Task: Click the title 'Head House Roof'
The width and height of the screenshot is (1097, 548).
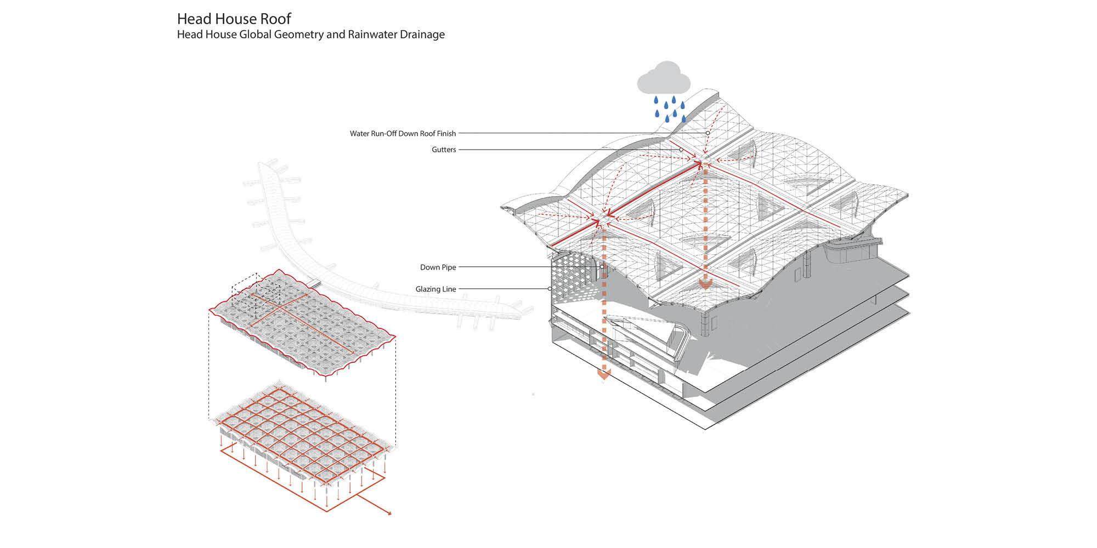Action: (234, 19)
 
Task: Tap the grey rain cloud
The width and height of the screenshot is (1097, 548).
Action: (664, 79)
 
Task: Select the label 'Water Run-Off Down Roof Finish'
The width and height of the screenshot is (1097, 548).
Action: (403, 133)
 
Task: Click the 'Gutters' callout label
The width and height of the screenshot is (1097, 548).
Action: (444, 150)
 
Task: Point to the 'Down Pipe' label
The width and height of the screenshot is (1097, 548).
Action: (438, 267)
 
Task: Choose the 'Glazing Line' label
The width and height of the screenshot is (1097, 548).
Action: (436, 289)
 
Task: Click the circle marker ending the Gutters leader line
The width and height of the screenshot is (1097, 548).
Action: (681, 150)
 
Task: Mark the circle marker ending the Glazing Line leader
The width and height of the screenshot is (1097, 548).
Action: (550, 289)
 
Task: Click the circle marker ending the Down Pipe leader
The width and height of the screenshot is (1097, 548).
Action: (602, 267)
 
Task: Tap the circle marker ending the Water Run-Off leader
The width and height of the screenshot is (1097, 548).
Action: (708, 133)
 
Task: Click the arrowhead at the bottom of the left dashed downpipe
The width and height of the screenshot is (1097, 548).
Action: (604, 375)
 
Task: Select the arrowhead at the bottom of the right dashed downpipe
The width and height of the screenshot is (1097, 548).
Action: (705, 283)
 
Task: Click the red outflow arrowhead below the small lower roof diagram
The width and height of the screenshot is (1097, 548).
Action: (389, 513)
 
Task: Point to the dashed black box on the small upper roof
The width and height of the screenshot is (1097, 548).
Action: (256, 290)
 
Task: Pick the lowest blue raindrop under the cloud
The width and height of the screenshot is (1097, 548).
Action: (668, 118)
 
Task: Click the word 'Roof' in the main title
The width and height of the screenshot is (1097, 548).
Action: (275, 19)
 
